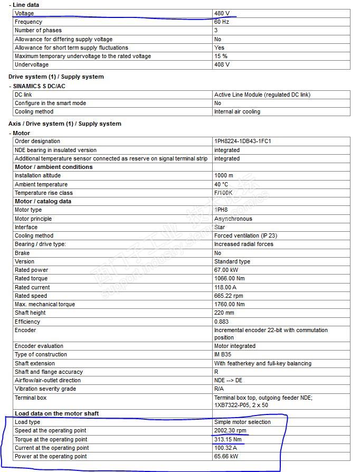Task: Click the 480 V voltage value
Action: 222,13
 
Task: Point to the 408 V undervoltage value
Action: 222,65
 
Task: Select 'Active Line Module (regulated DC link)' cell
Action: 262,95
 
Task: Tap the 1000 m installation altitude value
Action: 224,176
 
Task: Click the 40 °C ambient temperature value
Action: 221,184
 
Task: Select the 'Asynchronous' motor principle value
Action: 233,219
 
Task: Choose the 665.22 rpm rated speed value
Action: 229,296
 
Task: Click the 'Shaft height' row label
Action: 30,313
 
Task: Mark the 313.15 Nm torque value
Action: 227,439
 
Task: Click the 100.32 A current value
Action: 226,448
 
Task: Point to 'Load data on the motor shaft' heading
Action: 56,413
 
